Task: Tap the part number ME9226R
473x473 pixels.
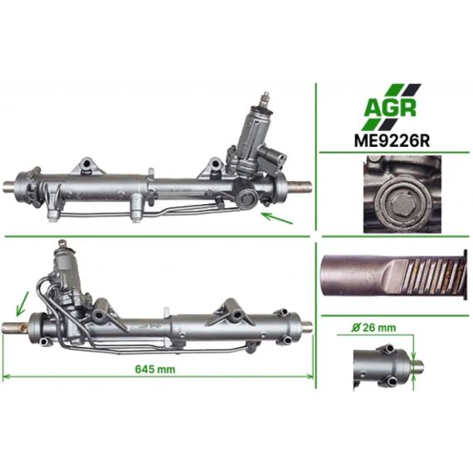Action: click(392, 140)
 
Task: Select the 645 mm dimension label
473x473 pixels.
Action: click(154, 369)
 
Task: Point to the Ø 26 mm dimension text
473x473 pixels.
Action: click(373, 328)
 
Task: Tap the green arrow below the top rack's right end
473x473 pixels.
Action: click(277, 218)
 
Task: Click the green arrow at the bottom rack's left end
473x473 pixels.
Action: click(22, 304)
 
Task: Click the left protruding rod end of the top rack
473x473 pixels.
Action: click(10, 185)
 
